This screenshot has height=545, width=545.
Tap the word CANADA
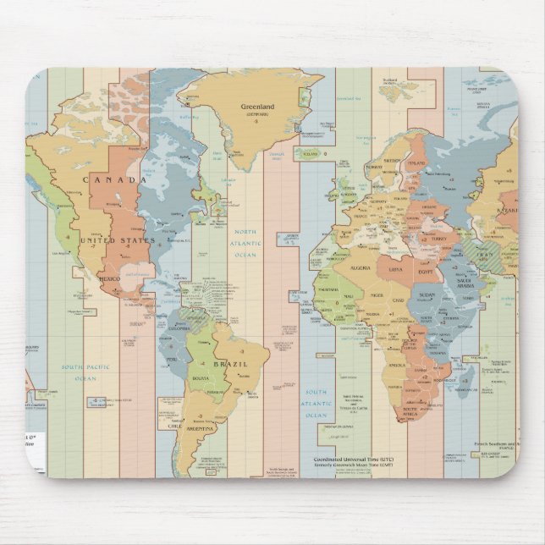click(x=116, y=179)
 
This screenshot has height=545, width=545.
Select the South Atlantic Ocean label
click(x=316, y=405)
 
